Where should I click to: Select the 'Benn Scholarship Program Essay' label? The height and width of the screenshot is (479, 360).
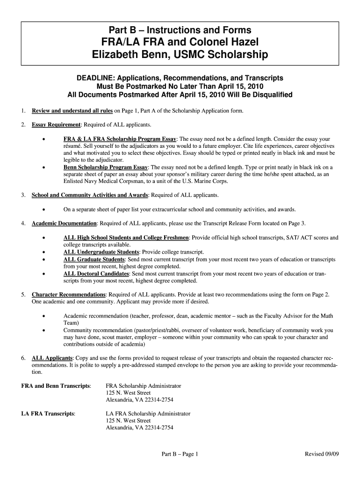[106, 167]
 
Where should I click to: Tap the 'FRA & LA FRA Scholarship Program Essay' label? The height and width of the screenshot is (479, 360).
[120, 139]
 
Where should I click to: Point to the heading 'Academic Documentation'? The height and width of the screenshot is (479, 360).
[64, 223]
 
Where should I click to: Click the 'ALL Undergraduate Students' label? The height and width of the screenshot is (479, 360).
[101, 252]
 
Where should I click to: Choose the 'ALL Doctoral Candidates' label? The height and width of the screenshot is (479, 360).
[96, 273]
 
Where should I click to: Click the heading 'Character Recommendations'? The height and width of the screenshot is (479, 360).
[68, 295]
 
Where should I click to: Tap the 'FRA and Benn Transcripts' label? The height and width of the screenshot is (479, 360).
[56, 386]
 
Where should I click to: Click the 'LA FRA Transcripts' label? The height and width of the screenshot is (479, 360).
[49, 414]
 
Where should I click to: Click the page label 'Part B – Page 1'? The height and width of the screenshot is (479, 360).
[180, 454]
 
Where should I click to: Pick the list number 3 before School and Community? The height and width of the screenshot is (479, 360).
[23, 195]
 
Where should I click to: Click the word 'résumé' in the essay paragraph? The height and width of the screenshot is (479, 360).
[73, 146]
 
